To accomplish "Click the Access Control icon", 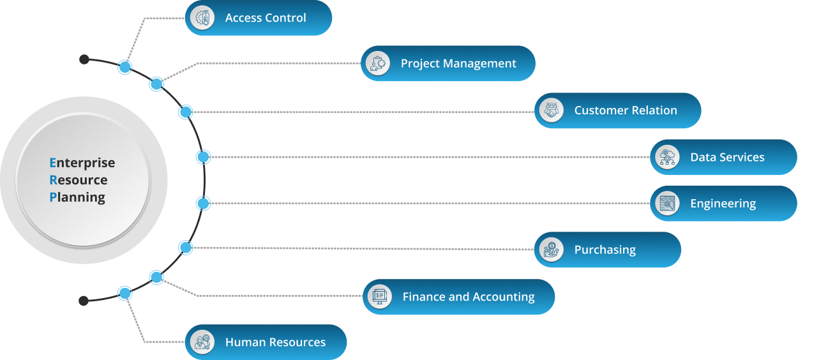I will pyautogui.click(x=203, y=18).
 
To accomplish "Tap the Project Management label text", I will pyautogui.click(x=458, y=64).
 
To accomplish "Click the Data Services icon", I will pyautogui.click(x=668, y=157).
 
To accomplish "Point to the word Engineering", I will pyautogui.click(x=723, y=204).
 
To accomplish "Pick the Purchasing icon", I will pyautogui.click(x=552, y=250).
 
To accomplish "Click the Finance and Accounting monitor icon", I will pyautogui.click(x=380, y=296).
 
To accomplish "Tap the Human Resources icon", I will pyautogui.click(x=203, y=342).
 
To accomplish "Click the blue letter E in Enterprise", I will pyautogui.click(x=52, y=163).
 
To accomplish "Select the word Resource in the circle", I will pyautogui.click(x=79, y=180).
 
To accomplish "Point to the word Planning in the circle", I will pyautogui.click(x=77, y=197).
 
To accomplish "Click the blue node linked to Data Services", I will pyautogui.click(x=203, y=156).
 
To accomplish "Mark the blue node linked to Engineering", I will pyautogui.click(x=203, y=204).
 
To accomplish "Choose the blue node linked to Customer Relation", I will pyautogui.click(x=186, y=112).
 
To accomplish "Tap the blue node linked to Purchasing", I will pyautogui.click(x=186, y=247).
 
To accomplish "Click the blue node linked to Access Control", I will pyautogui.click(x=125, y=67).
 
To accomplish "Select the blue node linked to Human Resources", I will pyautogui.click(x=125, y=294).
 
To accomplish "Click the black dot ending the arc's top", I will pyautogui.click(x=84, y=59).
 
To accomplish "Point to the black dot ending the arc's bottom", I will pyautogui.click(x=83, y=301).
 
